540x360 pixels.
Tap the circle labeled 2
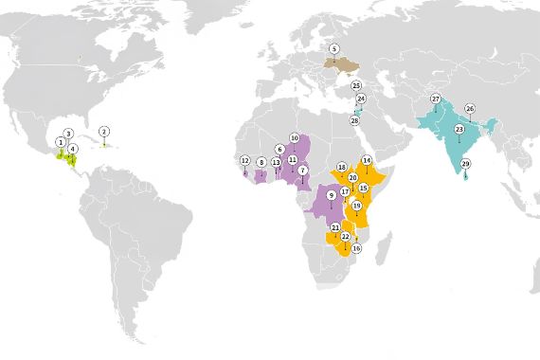[104, 131]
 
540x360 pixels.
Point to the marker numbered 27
[436, 99]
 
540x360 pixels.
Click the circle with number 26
[469, 108]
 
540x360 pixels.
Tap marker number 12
[244, 160]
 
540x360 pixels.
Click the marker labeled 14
[366, 160]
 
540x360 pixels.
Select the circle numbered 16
[356, 248]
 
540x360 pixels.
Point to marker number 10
[294, 137]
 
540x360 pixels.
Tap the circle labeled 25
[356, 85]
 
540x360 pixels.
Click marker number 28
[354, 120]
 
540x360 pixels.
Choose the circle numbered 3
[68, 134]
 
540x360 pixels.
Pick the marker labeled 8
[261, 162]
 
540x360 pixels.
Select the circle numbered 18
[341, 167]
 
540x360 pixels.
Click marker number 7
[303, 170]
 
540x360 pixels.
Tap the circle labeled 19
[356, 205]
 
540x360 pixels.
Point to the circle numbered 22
[345, 236]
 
